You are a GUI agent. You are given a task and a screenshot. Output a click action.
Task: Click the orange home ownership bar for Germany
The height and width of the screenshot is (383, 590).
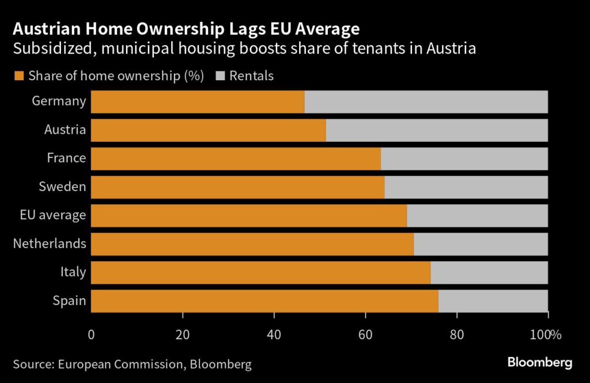(197, 102)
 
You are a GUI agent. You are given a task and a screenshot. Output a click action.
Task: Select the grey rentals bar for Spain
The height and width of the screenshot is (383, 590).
(493, 301)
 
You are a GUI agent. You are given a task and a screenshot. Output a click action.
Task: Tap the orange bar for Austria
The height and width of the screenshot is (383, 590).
(208, 130)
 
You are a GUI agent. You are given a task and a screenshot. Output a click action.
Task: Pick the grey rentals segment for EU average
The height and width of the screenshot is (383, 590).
(477, 215)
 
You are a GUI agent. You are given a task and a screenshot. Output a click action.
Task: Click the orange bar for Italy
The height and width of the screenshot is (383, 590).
(260, 272)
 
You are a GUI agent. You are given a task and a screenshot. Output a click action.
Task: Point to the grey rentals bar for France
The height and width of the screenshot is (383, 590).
(464, 158)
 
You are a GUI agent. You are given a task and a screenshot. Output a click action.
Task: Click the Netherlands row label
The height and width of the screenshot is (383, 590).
(50, 243)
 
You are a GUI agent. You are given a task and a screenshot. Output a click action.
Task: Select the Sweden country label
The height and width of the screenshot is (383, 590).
(62, 186)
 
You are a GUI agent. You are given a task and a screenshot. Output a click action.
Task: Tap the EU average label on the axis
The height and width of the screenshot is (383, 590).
(52, 215)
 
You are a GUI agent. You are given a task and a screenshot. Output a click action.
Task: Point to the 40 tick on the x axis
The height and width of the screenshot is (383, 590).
(274, 335)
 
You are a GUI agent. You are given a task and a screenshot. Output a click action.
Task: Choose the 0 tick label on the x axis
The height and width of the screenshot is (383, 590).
(91, 335)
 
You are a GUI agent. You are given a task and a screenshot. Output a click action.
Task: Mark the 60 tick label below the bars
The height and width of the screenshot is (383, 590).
(365, 335)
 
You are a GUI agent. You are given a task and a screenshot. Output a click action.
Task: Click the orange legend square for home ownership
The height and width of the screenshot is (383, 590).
(18, 76)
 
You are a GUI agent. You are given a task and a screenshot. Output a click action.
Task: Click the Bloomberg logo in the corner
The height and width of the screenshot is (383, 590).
(539, 362)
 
